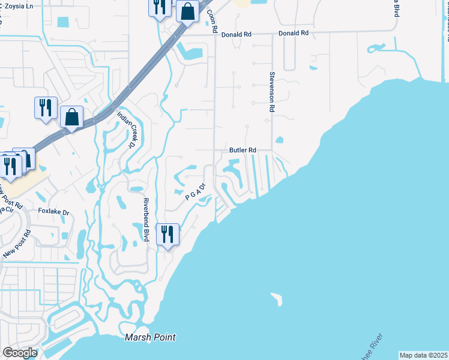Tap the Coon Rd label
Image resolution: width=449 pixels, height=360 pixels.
(211, 20)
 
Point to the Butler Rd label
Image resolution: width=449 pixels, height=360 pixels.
(243, 150)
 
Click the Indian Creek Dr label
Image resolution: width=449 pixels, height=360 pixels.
(125, 129)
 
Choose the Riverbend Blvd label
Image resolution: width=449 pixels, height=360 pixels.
(145, 219)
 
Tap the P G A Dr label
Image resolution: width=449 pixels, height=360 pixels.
(195, 192)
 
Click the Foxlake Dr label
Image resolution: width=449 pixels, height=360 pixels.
(54, 212)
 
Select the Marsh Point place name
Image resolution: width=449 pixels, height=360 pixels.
(150, 337)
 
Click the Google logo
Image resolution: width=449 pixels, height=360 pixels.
(20, 352)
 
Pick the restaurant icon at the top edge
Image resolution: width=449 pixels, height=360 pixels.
(159, 7)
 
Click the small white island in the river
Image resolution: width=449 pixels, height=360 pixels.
(276, 298)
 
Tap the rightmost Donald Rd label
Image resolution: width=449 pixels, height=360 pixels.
(294, 33)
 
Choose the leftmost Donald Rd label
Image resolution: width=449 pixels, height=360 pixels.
(236, 35)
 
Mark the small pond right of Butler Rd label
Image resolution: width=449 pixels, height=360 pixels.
(279, 141)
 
